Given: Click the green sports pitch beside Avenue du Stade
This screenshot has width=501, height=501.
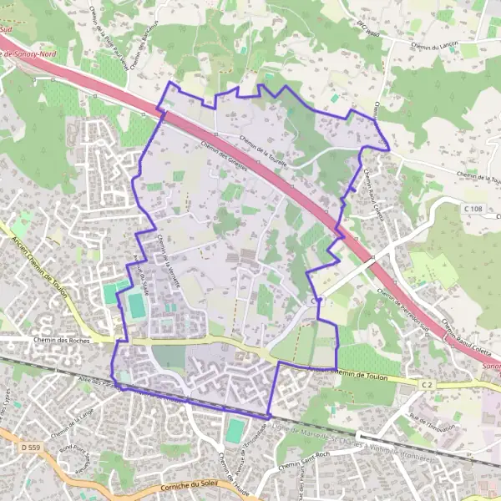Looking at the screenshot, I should (136, 306).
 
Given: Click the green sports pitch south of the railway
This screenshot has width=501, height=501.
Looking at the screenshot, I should (235, 431).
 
